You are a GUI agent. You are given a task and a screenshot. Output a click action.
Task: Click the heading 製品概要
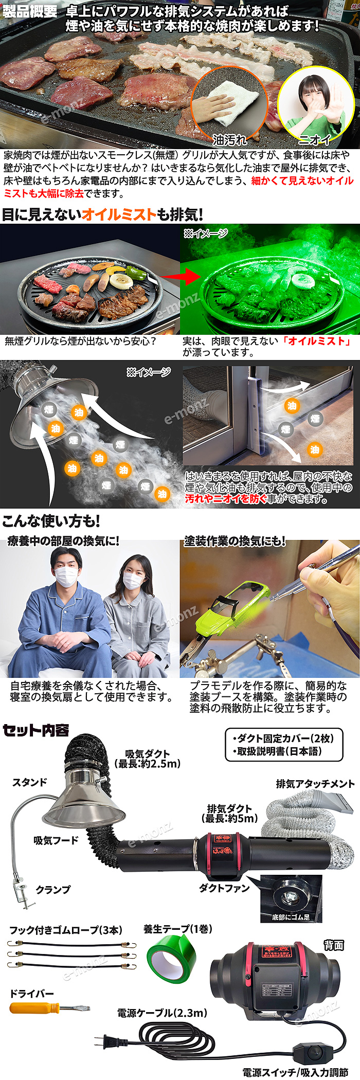[29, 11]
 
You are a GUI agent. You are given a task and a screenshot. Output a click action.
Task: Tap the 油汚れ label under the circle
[229, 139]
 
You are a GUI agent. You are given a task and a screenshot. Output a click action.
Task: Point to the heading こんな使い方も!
[51, 521]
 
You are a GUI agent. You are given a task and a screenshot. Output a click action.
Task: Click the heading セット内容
[35, 730]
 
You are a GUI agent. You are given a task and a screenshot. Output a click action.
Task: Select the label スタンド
[30, 782]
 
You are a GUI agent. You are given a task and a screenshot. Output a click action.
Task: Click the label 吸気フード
[56, 840]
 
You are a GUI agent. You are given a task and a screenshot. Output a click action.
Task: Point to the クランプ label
[53, 889]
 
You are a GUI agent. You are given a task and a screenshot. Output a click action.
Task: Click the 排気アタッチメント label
[315, 784]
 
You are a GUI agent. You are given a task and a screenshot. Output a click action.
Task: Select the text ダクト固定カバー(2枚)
[283, 738]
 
